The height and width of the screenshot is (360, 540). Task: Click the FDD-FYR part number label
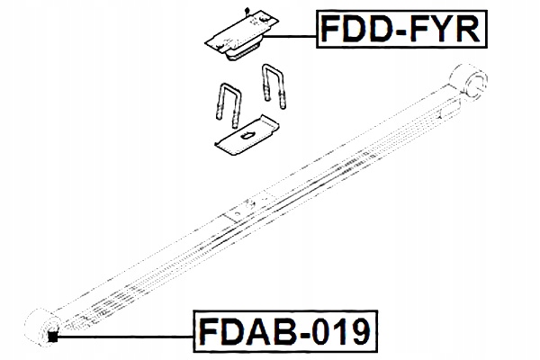click(x=401, y=33)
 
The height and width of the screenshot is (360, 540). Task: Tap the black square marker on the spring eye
click(x=52, y=337)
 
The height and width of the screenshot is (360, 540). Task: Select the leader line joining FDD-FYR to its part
click(x=288, y=36)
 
